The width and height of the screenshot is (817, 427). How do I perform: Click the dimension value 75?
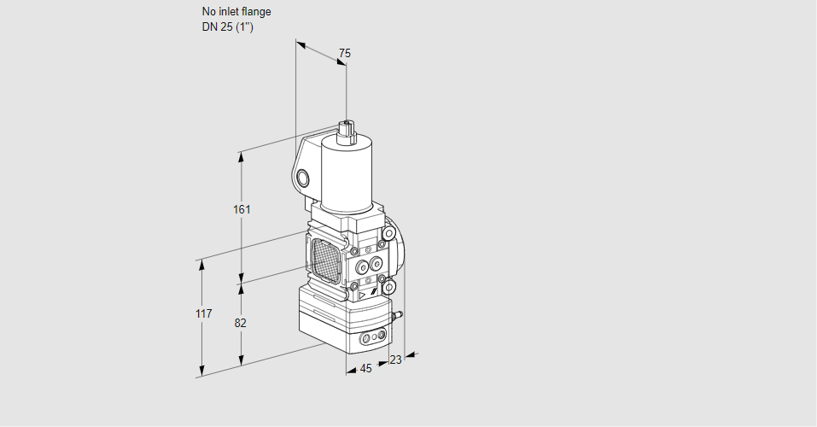344,53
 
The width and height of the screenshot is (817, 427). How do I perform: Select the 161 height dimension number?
242,209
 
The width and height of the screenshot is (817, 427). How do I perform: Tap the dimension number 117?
202,314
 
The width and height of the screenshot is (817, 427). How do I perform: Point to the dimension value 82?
241,323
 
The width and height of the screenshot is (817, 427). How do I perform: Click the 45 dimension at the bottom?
365,369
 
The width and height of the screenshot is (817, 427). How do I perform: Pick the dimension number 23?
395,360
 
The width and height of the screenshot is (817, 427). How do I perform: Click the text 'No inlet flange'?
236,12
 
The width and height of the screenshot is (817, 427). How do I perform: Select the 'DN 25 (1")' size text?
228,26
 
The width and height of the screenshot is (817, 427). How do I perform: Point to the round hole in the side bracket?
302,178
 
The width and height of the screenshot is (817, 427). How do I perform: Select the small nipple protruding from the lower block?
396,317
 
